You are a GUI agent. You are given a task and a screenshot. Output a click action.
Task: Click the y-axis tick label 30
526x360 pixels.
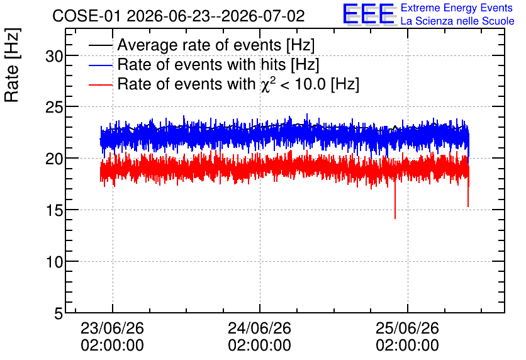click(54, 56)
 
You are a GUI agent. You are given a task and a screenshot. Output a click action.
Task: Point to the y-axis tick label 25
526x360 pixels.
click(54, 108)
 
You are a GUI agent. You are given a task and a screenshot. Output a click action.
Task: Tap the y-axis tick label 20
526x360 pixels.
click(54, 159)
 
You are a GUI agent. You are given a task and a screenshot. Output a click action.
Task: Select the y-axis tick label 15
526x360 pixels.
click(54, 210)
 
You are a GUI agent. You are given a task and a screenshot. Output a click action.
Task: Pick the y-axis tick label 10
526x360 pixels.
click(54, 262)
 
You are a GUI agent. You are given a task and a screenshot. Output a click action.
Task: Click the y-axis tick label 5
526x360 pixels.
click(59, 313)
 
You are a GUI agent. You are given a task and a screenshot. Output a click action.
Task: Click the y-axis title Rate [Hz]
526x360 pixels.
click(12, 65)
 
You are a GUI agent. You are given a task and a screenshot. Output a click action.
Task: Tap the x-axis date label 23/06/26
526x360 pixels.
click(112, 328)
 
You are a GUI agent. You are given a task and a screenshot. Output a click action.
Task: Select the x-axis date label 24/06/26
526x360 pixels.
click(260, 328)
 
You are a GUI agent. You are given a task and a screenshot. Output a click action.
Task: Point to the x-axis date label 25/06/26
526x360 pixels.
click(407, 328)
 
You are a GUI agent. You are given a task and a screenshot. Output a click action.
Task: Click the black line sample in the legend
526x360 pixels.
click(101, 45)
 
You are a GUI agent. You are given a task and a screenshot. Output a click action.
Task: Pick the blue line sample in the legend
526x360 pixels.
click(101, 65)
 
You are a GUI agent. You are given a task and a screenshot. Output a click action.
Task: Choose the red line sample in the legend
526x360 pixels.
click(101, 85)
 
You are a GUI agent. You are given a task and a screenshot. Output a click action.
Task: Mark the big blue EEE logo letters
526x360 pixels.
click(369, 14)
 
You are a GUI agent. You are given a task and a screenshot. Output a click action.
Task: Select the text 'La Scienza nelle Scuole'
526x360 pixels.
click(457, 21)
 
